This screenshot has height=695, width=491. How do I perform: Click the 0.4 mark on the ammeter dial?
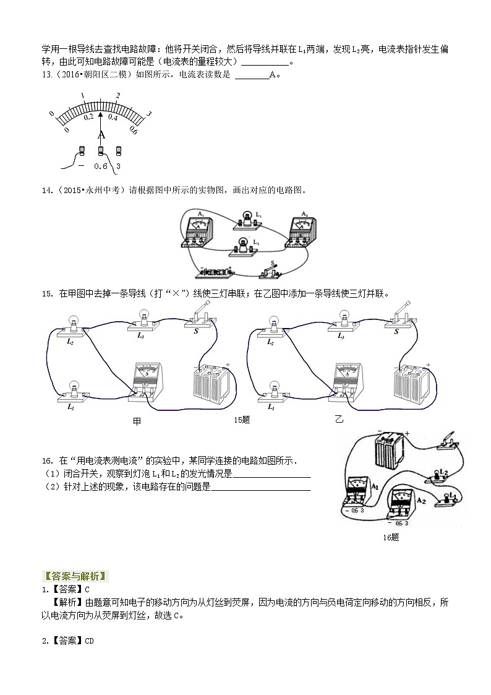coord(113,117)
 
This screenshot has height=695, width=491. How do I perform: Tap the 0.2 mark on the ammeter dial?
coord(88,116)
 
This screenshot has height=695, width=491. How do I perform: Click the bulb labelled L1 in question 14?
coord(247,219)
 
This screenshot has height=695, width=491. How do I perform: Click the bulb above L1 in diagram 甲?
coord(72,390)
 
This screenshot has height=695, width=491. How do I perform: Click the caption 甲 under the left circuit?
coord(137,421)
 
